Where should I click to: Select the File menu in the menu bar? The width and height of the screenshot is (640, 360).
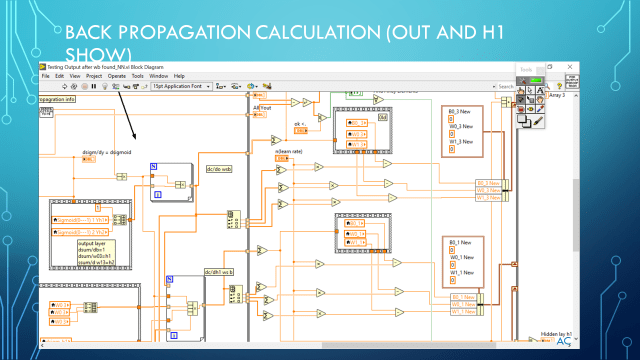(45, 76)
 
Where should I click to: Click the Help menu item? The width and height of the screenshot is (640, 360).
(179, 76)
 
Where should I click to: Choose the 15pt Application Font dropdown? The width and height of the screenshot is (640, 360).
(182, 87)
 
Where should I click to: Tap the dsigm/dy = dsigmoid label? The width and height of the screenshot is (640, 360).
(107, 152)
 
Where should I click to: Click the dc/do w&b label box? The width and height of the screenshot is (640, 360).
(220, 169)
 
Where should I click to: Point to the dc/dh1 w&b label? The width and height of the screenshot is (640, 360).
(219, 272)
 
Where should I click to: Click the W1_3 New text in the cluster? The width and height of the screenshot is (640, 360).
(461, 141)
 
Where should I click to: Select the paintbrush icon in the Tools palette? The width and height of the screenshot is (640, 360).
(538, 120)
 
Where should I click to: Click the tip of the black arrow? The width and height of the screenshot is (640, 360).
(136, 139)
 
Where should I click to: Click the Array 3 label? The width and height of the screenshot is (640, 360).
(557, 95)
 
